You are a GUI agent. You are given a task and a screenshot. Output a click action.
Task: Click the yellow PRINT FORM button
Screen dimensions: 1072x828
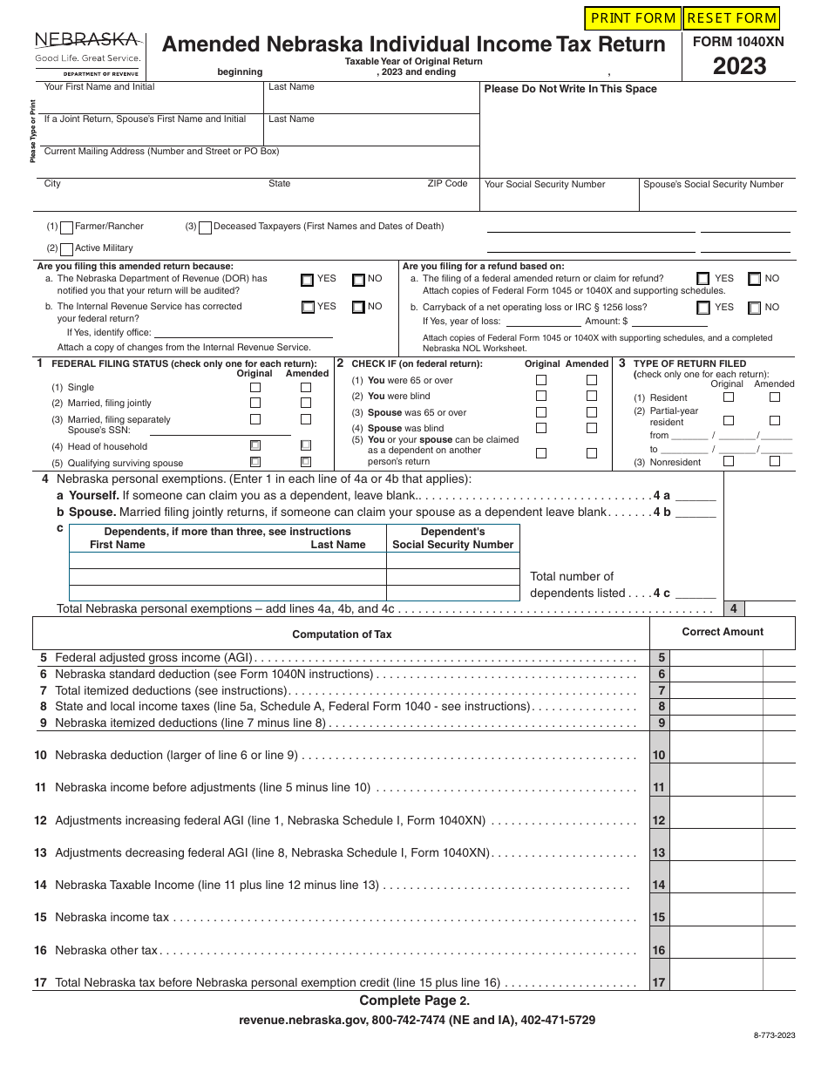633,18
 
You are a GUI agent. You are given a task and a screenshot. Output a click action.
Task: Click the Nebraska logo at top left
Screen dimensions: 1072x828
87,51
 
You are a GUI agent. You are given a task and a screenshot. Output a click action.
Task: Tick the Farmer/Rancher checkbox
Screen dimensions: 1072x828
66,227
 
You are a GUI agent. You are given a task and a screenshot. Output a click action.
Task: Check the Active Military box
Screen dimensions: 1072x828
66,249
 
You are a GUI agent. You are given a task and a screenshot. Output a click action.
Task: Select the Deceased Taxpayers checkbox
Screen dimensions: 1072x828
205,227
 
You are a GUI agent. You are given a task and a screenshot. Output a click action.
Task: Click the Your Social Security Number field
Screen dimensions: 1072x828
559,200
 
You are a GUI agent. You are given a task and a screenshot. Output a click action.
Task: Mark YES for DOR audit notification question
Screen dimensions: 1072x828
308,281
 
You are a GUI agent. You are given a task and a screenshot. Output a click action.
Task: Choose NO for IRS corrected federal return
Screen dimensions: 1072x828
358,308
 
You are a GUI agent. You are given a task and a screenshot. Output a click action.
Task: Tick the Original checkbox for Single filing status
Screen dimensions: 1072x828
255,387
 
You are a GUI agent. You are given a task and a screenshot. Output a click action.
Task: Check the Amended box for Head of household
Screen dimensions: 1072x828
306,445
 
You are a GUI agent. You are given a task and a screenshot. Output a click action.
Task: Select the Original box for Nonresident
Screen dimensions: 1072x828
729,461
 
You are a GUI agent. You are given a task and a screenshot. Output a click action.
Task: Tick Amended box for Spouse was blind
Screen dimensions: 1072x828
592,428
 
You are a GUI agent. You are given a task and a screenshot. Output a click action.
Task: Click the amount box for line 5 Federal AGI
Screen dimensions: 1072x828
716,659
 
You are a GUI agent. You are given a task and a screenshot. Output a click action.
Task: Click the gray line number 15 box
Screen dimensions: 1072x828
659,918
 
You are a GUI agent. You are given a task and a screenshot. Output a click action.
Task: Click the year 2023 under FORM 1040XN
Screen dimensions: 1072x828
739,67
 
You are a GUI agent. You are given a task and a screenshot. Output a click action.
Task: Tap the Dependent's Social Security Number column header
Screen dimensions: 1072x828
452,539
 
